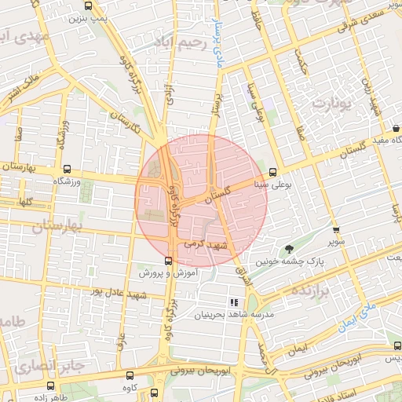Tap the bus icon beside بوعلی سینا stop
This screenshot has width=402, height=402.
273,173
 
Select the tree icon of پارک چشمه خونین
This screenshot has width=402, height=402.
291,250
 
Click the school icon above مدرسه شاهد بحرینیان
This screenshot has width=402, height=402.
233,302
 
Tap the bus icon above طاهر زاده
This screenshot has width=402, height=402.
52,386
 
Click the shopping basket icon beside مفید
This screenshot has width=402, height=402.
396,126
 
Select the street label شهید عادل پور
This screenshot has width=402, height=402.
118,294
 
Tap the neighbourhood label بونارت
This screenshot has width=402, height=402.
329,103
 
